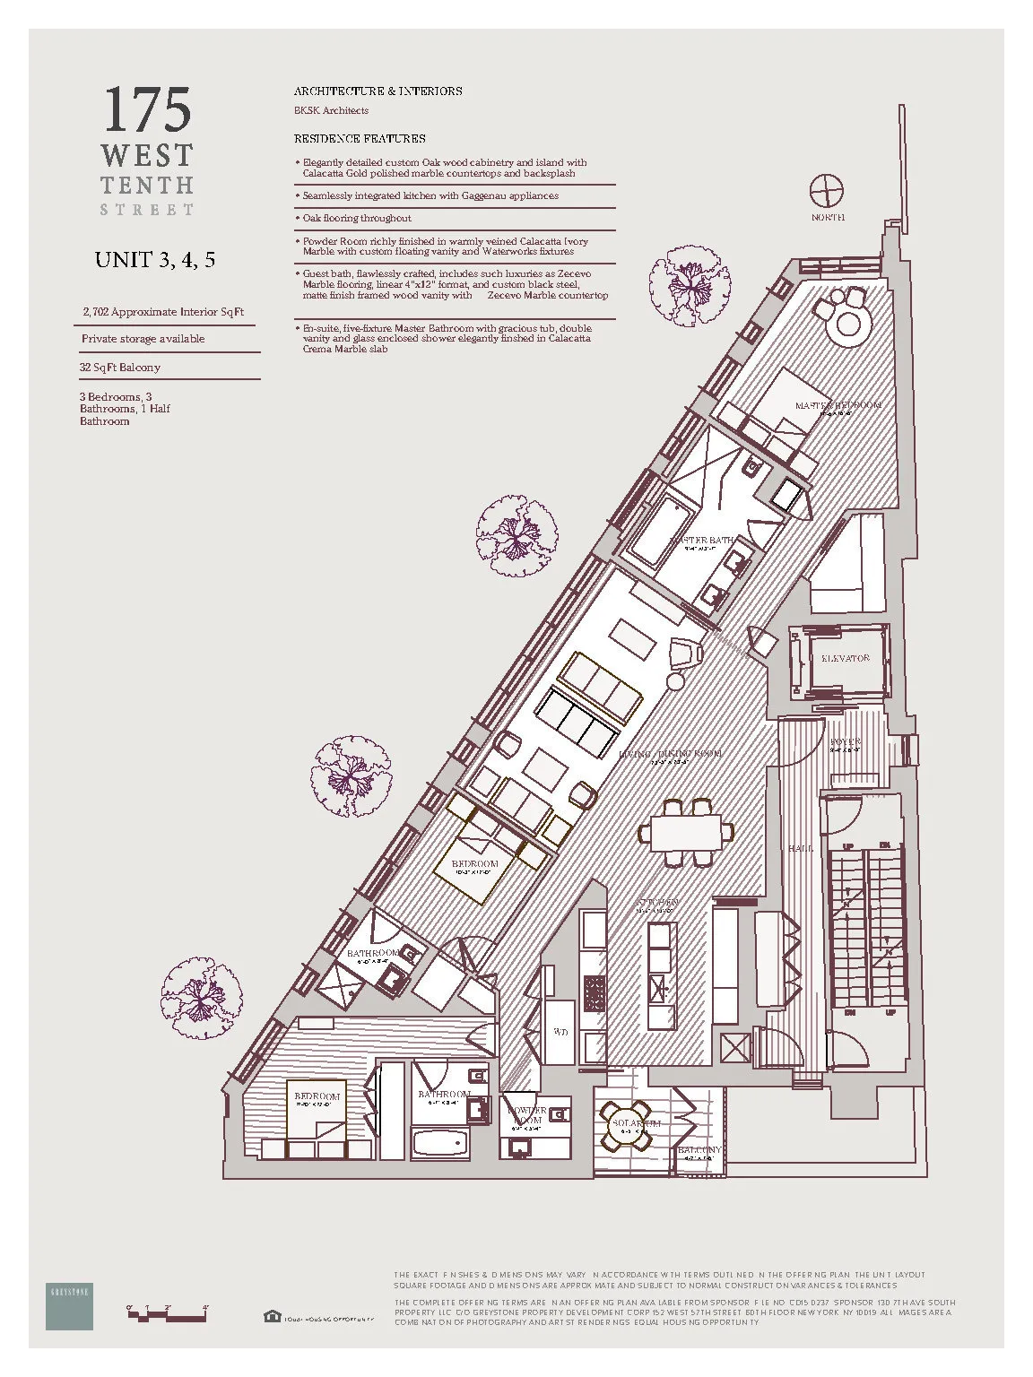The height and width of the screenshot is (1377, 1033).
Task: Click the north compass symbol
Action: tap(827, 191)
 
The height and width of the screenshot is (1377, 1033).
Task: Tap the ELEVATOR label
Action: tap(846, 658)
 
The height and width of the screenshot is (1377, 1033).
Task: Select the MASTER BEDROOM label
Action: tap(838, 405)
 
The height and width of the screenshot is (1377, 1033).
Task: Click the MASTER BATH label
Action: tap(702, 541)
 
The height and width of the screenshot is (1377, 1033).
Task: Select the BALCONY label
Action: tap(699, 1150)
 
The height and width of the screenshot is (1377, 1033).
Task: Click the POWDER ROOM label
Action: tap(527, 1115)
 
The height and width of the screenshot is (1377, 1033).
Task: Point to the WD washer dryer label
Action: tap(560, 1032)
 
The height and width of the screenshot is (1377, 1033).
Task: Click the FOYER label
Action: tap(845, 742)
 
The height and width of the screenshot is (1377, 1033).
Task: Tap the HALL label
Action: tap(801, 847)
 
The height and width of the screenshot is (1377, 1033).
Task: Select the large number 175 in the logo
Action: tap(147, 110)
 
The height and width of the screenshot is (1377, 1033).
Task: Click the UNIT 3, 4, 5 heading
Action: tap(155, 260)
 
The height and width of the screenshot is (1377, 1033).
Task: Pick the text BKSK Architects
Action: tap(331, 111)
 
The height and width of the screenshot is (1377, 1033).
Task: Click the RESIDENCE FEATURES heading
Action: tap(360, 139)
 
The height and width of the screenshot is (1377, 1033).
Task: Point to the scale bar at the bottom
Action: tap(168, 1316)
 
